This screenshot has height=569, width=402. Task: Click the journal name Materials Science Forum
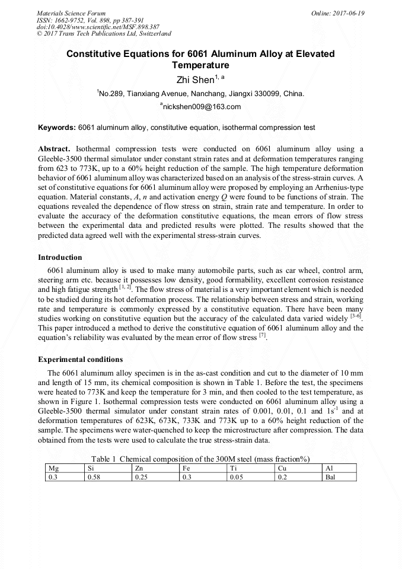[x=71, y=13]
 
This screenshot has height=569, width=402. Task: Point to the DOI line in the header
[x=98, y=27]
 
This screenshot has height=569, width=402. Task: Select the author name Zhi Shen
[x=195, y=80]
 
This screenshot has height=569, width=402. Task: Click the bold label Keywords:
[x=57, y=128]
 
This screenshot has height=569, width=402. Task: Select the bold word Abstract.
[x=54, y=148]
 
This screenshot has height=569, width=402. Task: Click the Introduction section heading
[x=60, y=258]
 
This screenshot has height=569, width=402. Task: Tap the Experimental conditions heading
[x=81, y=360]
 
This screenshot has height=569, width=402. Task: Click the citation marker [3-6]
[x=356, y=316]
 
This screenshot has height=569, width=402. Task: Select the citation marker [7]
[x=261, y=336]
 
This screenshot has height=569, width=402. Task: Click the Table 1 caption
[x=200, y=459]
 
